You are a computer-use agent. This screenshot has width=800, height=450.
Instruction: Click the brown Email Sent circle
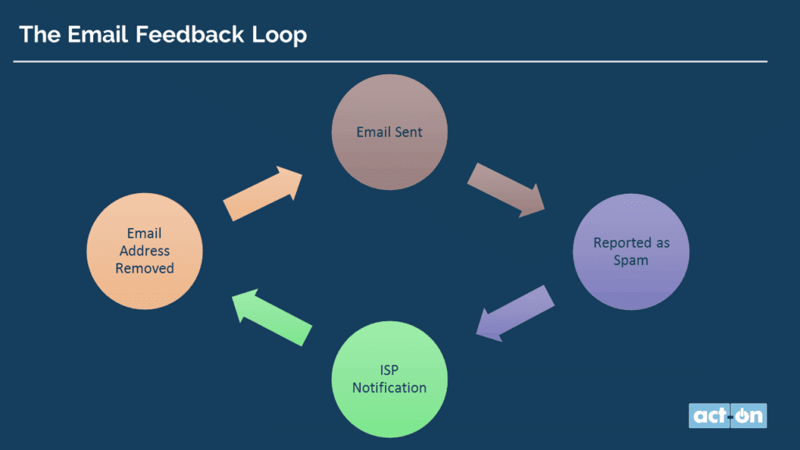click(x=389, y=132)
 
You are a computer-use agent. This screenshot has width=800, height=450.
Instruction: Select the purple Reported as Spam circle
click(x=631, y=252)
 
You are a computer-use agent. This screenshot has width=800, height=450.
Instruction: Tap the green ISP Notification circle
click(x=389, y=379)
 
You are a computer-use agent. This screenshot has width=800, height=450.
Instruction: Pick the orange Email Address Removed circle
click(x=145, y=251)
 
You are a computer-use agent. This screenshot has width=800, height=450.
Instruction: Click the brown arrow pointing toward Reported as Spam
click(x=506, y=191)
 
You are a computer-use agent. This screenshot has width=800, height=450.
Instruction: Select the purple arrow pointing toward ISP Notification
click(x=515, y=313)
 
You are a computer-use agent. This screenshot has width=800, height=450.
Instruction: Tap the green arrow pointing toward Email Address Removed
click(x=271, y=317)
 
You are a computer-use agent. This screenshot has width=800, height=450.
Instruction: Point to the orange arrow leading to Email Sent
click(x=262, y=194)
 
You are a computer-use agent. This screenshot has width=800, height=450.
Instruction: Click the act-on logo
click(x=727, y=416)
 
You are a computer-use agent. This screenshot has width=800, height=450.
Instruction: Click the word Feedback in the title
click(x=190, y=34)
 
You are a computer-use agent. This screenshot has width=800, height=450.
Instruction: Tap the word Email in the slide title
click(x=98, y=34)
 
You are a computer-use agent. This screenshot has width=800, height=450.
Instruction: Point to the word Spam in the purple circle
click(x=630, y=261)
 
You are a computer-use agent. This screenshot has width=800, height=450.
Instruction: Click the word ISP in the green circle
click(x=389, y=370)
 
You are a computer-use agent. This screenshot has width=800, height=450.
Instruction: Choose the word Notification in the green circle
click(x=389, y=387)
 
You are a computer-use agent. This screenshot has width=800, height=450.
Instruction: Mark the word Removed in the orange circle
click(x=145, y=269)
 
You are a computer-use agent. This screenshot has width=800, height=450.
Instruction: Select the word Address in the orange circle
click(x=145, y=251)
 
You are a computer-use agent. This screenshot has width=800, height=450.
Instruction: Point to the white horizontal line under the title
click(x=391, y=61)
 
